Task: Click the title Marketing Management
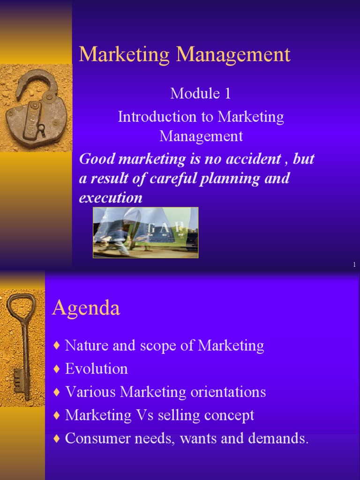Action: point(185,55)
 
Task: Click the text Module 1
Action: point(201,93)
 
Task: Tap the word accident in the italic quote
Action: point(252,159)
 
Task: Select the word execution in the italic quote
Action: point(111,197)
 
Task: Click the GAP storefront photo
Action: point(145,232)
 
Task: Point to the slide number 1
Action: point(354,265)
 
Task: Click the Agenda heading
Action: point(86,308)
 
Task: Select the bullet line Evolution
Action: point(96,368)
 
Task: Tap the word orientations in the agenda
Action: point(228,391)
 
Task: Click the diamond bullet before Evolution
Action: point(57,369)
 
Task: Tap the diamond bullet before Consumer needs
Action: point(57,439)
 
